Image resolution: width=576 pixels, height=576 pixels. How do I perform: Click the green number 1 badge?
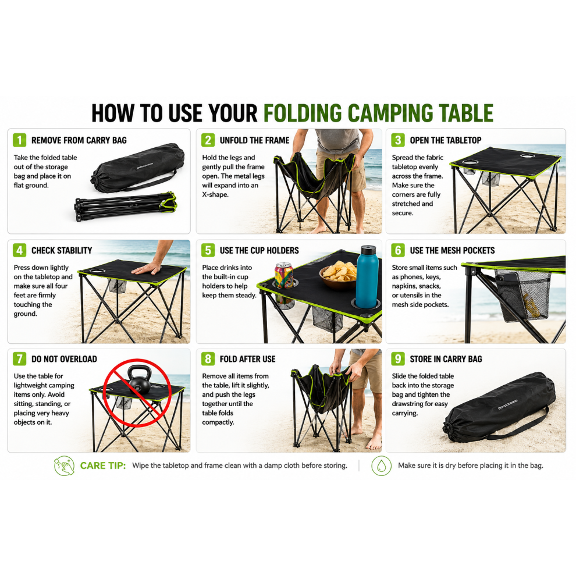click(19, 140)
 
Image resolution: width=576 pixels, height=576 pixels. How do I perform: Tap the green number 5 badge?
click(208, 250)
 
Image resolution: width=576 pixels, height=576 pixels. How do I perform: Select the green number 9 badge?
click(398, 358)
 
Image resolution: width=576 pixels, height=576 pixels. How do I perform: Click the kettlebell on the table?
click(140, 380)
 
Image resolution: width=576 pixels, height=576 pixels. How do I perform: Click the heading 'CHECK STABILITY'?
click(62, 251)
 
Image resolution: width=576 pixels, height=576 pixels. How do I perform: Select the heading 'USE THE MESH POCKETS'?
click(452, 251)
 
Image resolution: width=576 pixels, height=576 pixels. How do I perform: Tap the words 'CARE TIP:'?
click(103, 465)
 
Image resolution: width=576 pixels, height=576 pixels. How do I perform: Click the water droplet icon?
click(381, 465)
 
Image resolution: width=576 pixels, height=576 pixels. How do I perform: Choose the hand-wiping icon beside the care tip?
click(64, 465)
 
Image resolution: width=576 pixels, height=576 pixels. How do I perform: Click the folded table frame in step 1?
click(126, 206)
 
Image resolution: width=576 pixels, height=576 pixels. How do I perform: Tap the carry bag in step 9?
click(500, 407)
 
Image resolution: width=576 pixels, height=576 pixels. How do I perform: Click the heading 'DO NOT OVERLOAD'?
click(64, 359)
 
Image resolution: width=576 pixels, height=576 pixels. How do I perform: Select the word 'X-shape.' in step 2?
click(215, 195)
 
